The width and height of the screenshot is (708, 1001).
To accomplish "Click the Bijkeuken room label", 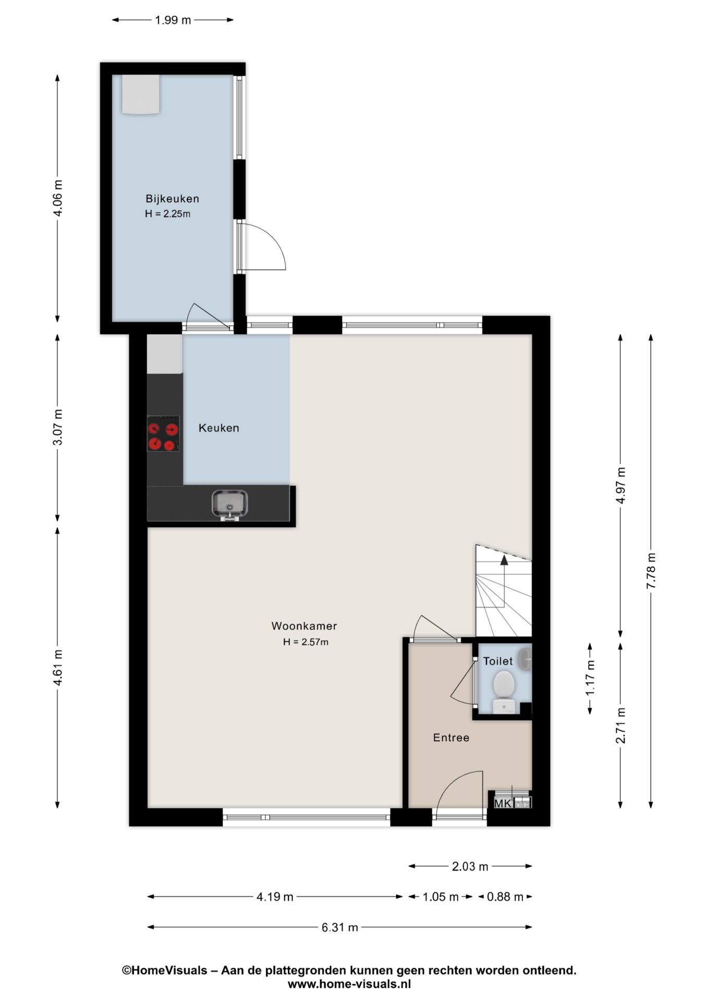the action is [172, 199].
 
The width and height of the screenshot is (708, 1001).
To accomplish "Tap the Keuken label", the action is [219, 428].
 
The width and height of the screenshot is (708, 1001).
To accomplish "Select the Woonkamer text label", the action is [304, 626].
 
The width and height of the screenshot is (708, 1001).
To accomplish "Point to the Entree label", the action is [451, 738].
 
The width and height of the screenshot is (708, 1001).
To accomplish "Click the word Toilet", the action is [498, 661].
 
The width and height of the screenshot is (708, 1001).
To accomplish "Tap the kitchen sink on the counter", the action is [229, 505].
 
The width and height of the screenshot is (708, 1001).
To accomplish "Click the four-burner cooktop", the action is [163, 433].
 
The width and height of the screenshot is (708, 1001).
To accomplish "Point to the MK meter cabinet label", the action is [503, 803].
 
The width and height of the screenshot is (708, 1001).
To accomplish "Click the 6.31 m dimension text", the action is [340, 927].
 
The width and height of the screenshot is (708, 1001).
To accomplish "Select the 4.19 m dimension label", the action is [275, 897].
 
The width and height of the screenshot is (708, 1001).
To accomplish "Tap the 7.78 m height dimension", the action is [651, 571].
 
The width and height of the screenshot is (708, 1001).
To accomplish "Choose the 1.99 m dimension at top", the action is [173, 20].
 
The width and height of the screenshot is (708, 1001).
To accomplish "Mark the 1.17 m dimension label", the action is [590, 678].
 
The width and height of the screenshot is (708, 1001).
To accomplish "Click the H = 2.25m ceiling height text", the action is [167, 214].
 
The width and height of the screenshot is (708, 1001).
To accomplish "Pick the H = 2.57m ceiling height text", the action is [306, 642].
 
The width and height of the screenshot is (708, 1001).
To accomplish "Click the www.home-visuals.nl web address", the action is [349, 984].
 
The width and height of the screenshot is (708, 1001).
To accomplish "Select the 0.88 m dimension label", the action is [505, 897].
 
